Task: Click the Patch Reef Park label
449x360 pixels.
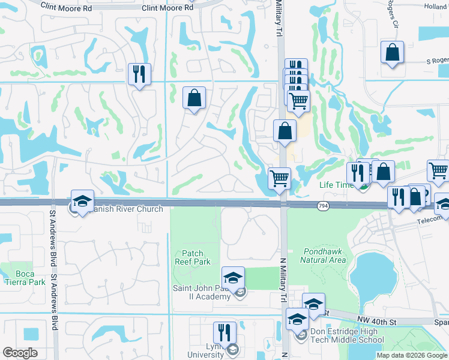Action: tap(188, 257)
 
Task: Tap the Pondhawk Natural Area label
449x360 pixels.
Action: tap(325, 256)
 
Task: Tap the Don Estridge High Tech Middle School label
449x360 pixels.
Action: tap(346, 335)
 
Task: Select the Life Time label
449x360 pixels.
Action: tap(336, 185)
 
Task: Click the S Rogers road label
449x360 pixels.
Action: tap(437, 61)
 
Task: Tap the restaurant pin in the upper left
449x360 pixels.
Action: tap(139, 74)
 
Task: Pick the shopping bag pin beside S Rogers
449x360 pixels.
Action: tap(391, 52)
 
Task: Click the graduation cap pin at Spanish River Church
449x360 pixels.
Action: tap(82, 201)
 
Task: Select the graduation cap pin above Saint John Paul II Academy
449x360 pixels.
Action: tap(233, 278)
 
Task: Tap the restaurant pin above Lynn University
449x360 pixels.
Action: tap(224, 333)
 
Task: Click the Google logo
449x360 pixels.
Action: tap(20, 353)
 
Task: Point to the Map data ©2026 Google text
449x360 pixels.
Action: tap(411, 355)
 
